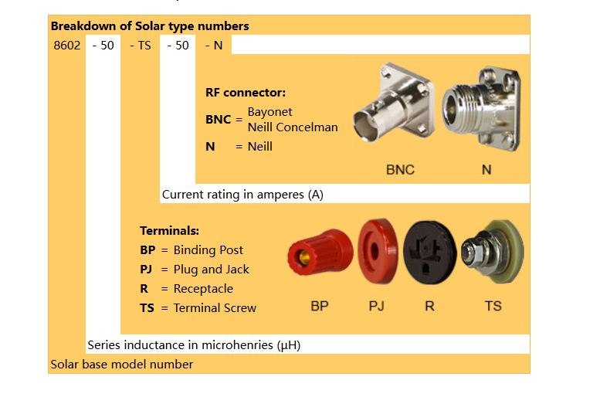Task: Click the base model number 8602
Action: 67,45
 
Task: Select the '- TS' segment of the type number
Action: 141,45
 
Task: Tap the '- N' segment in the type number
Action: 214,45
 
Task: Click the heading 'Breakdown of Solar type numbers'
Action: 150,25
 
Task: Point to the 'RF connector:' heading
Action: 246,92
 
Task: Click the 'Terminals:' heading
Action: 170,230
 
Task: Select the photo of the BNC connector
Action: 394,103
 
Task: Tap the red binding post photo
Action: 320,252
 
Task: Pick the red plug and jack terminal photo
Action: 378,251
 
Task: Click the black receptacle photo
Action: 429,253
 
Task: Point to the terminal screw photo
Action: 493,251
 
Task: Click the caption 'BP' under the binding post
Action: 320,306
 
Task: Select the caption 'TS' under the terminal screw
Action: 493,306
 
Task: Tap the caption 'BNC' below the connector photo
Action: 400,170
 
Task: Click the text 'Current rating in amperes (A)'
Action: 242,195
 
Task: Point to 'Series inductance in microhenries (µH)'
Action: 194,345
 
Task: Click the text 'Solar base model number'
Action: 122,364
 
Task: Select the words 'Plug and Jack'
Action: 212,269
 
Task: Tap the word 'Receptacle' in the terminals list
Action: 203,288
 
